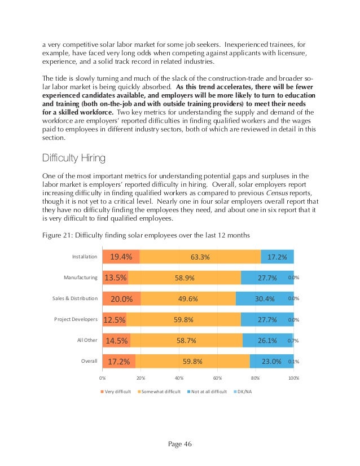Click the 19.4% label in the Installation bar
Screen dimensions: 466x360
[121, 257]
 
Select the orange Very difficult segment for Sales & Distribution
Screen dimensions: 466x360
[121, 298]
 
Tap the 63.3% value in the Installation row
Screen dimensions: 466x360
[200, 257]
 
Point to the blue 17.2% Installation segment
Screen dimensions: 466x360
[277, 257]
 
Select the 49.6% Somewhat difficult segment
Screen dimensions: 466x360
[187, 298]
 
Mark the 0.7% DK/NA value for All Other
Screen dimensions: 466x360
[293, 341]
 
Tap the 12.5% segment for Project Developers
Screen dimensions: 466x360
[115, 319]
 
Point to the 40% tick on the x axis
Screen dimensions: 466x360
[179, 377]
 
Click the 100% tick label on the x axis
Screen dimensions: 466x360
[293, 377]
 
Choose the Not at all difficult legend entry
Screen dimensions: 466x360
[205, 391]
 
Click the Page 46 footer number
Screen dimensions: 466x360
[179, 443]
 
